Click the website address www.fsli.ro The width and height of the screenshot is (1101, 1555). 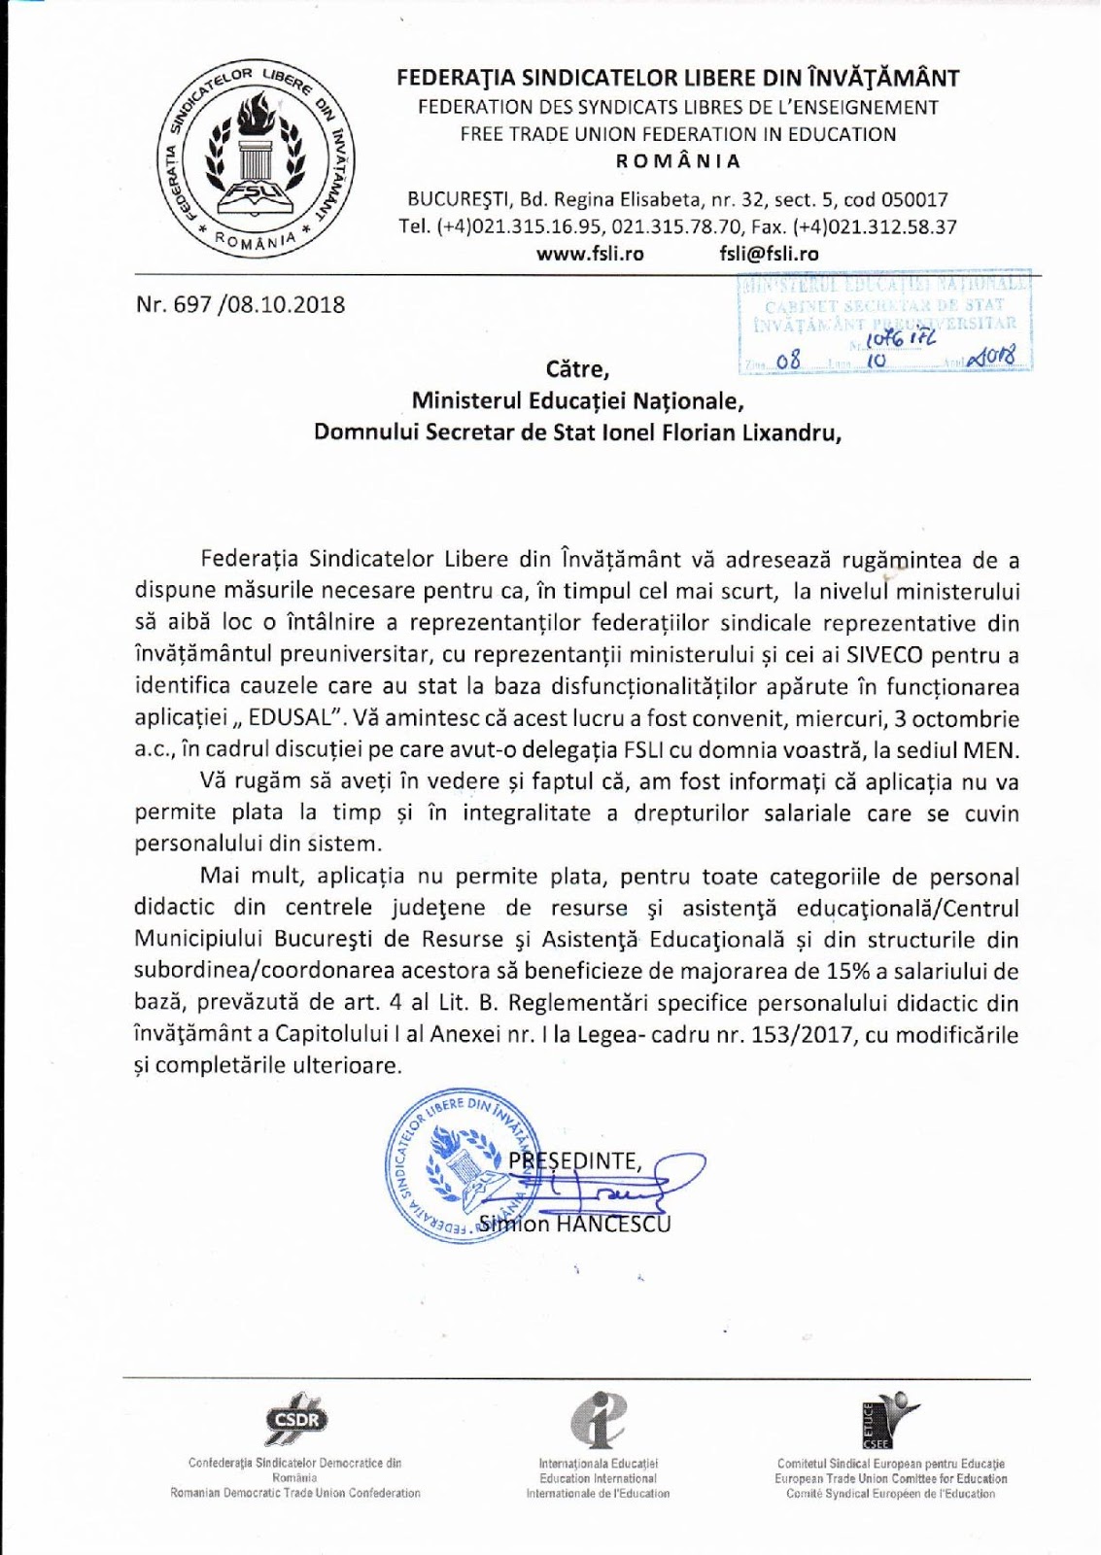click(x=590, y=254)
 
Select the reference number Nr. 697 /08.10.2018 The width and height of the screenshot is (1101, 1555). click(x=240, y=304)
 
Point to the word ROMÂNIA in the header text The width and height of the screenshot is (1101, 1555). click(x=678, y=161)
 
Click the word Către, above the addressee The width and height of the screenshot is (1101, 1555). click(x=577, y=369)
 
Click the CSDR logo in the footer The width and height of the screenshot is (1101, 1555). click(x=297, y=1421)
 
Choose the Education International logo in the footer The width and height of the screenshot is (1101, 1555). click(x=598, y=1417)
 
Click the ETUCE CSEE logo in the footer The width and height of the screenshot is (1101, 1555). click(x=888, y=1419)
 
